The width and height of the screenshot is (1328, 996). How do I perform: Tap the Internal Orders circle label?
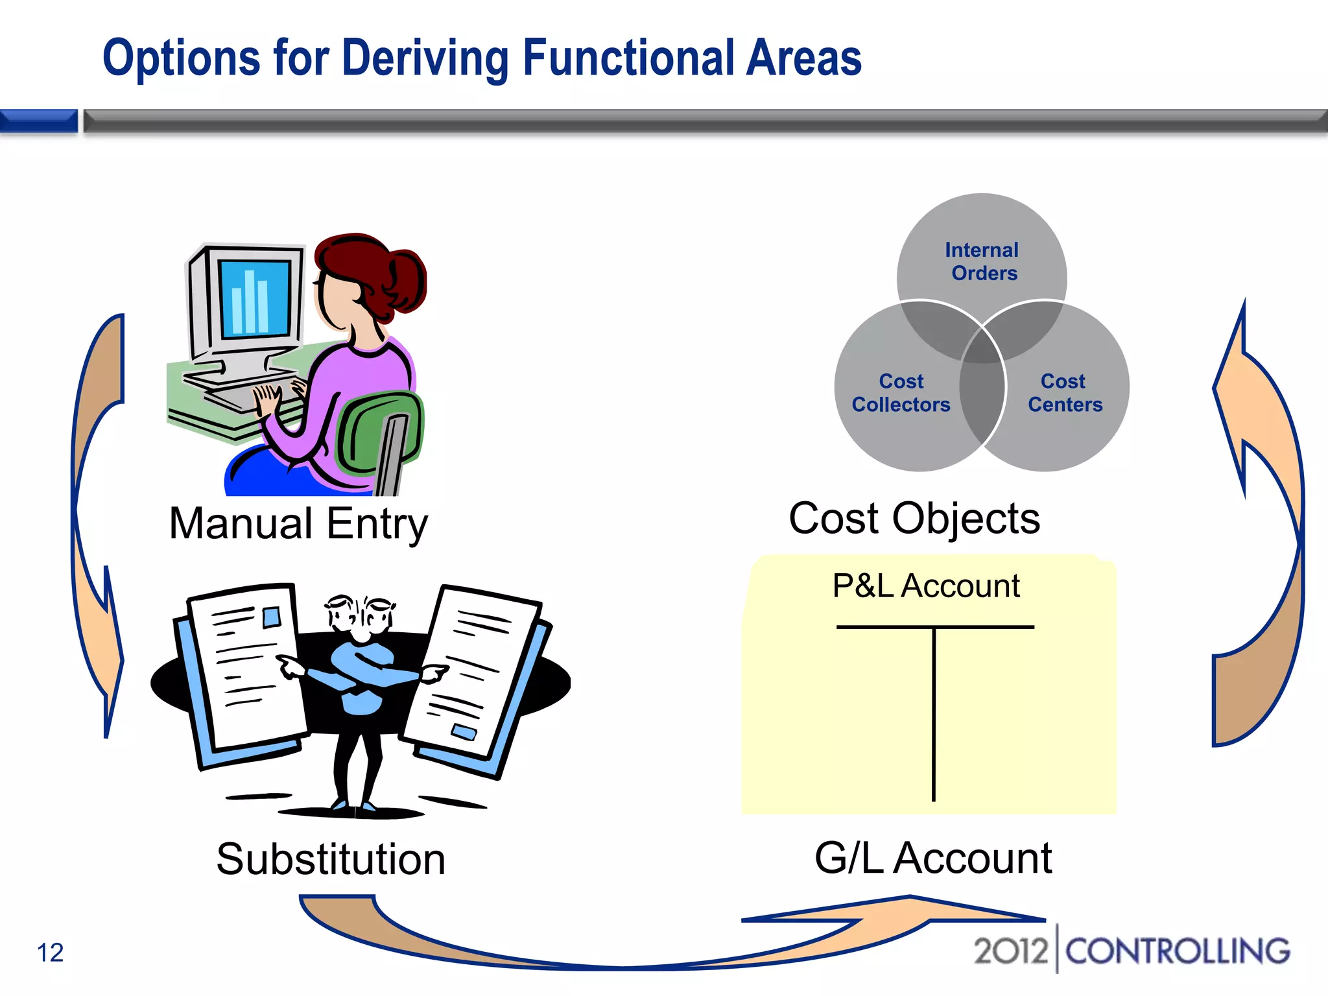click(982, 261)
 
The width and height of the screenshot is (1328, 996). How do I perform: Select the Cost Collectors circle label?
click(901, 393)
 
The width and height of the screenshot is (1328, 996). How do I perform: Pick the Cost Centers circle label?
click(1065, 393)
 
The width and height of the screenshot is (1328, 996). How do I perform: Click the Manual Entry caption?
click(298, 524)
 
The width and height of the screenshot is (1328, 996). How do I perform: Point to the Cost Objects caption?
click(914, 519)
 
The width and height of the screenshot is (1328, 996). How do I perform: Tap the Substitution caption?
click(331, 859)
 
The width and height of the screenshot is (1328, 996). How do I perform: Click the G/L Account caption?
click(932, 858)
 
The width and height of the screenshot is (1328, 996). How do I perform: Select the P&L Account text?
click(925, 586)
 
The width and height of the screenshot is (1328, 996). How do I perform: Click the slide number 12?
click(50, 953)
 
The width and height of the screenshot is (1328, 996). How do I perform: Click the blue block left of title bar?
click(39, 121)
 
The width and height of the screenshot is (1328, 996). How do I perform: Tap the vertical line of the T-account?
click(934, 713)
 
